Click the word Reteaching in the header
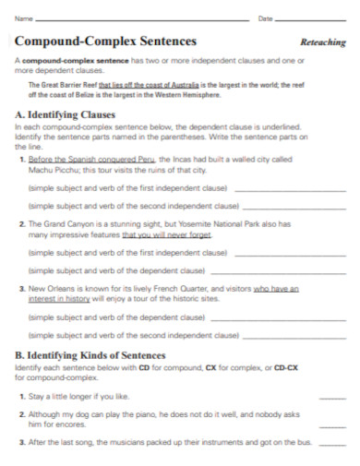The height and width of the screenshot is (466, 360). (323, 42)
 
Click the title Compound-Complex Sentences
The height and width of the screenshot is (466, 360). (106, 41)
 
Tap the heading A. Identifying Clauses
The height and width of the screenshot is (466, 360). (66, 114)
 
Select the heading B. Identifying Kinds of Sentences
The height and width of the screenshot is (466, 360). (90, 355)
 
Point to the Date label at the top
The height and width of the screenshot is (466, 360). (266, 18)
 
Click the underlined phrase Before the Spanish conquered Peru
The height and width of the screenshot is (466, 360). (76, 160)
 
